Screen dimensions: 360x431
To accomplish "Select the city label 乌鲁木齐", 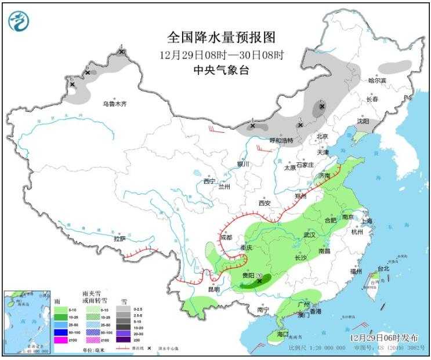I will click(114, 104).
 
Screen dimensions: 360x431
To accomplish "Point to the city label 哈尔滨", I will click(376, 81).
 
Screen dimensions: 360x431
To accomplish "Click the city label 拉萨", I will click(119, 238).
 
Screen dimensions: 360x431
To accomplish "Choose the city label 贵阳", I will click(248, 275).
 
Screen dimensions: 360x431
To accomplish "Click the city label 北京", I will click(323, 137).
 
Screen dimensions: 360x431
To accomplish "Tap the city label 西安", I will click(265, 203).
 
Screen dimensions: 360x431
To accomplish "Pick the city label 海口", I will click(282, 334).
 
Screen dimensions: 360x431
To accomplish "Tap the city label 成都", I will click(226, 238).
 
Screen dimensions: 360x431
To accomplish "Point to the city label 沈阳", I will click(363, 122).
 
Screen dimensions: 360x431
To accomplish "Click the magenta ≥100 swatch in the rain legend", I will click(60, 339).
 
